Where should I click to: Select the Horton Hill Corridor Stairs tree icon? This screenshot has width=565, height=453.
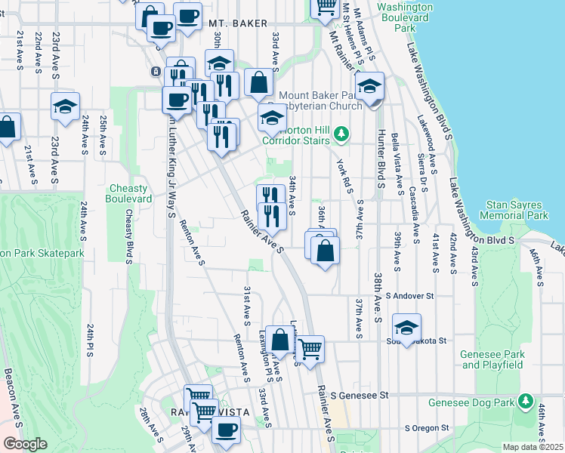coord(342,134)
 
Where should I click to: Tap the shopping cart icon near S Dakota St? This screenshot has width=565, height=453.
coord(310,349)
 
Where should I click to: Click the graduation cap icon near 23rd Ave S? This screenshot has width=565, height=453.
coord(65,106)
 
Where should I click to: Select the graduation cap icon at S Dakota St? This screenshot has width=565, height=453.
coord(406,327)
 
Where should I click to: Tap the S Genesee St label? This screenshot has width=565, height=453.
coord(363,395)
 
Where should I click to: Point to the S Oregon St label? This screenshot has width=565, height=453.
coord(429,427)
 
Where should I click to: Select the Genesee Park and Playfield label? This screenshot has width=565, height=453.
coord(492,359)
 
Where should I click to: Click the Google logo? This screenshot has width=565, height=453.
coord(25,444)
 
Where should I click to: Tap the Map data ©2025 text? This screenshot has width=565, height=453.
coord(533,447)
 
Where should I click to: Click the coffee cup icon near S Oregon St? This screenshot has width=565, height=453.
coord(225,430)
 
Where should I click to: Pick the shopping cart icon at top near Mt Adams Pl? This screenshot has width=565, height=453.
coord(326,6)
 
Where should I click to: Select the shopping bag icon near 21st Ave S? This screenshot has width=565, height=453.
coord(7,127)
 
